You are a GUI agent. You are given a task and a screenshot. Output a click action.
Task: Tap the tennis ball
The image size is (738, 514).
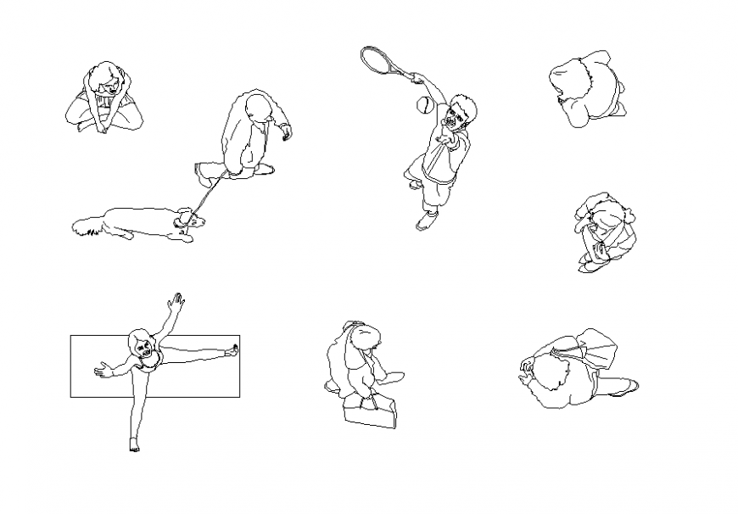click(422, 105)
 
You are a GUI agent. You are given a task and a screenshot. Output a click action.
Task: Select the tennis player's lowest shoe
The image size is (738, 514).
click(426, 221)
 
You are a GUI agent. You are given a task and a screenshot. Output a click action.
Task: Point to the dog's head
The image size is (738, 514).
click(189, 221)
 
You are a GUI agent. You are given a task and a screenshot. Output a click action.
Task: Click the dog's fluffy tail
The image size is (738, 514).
click(86, 226)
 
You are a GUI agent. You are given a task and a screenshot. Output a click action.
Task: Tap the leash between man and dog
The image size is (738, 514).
click(206, 194)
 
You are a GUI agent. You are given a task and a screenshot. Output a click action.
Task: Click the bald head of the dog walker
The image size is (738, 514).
click(257, 108)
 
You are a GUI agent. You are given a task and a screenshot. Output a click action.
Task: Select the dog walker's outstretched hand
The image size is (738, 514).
click(286, 132)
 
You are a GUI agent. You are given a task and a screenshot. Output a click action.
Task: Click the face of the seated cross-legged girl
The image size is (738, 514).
click(105, 84)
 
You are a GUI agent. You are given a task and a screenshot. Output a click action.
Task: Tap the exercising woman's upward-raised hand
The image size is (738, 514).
click(176, 300)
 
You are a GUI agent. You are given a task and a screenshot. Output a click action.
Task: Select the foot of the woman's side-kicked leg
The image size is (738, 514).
click(231, 349)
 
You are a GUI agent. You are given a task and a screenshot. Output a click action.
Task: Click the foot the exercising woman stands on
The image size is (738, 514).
click(133, 444)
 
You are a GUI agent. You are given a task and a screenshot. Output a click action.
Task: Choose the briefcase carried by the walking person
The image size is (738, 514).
click(371, 414)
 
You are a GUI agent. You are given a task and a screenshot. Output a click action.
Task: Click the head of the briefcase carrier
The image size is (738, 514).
click(366, 339)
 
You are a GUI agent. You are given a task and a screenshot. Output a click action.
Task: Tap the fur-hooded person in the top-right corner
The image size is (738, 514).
click(587, 87)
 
